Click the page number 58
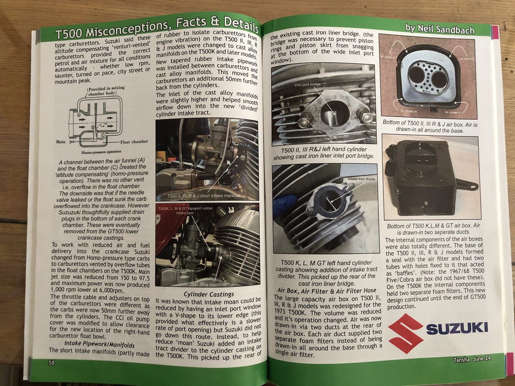[x=51, y=362]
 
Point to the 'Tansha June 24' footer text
[x=472, y=359]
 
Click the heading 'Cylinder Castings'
[x=209, y=294]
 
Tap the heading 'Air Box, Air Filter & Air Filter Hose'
[x=327, y=291]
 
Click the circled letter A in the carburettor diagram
[x=79, y=115]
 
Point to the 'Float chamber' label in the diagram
[x=134, y=142]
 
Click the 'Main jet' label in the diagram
[x=65, y=142]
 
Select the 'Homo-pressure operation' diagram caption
[x=101, y=152]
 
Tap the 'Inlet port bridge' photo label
[x=307, y=84]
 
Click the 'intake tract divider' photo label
[x=361, y=179]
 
